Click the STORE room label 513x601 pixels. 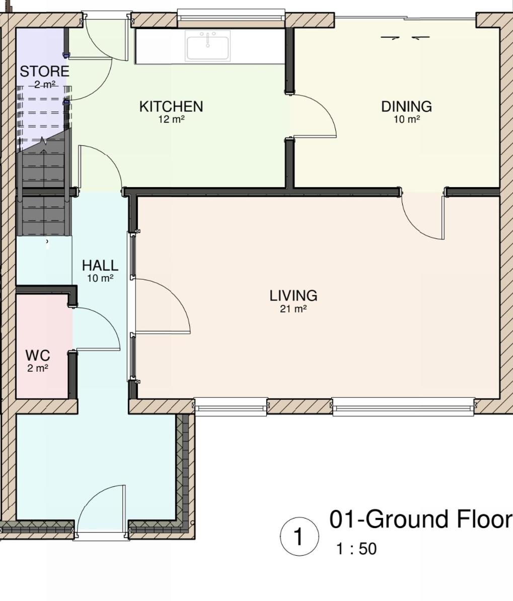(44, 72)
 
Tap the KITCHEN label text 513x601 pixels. (171, 107)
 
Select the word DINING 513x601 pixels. (407, 107)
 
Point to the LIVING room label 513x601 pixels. (294, 296)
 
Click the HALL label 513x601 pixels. (100, 266)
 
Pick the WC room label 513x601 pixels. (38, 356)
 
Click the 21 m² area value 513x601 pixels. (294, 309)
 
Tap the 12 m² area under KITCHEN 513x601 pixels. (172, 119)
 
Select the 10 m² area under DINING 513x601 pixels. (407, 119)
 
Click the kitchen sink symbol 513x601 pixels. (207, 46)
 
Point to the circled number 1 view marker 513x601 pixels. (299, 536)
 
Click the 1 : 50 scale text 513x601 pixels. (356, 549)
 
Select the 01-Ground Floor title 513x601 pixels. (421, 520)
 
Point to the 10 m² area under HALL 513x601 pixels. (100, 278)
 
